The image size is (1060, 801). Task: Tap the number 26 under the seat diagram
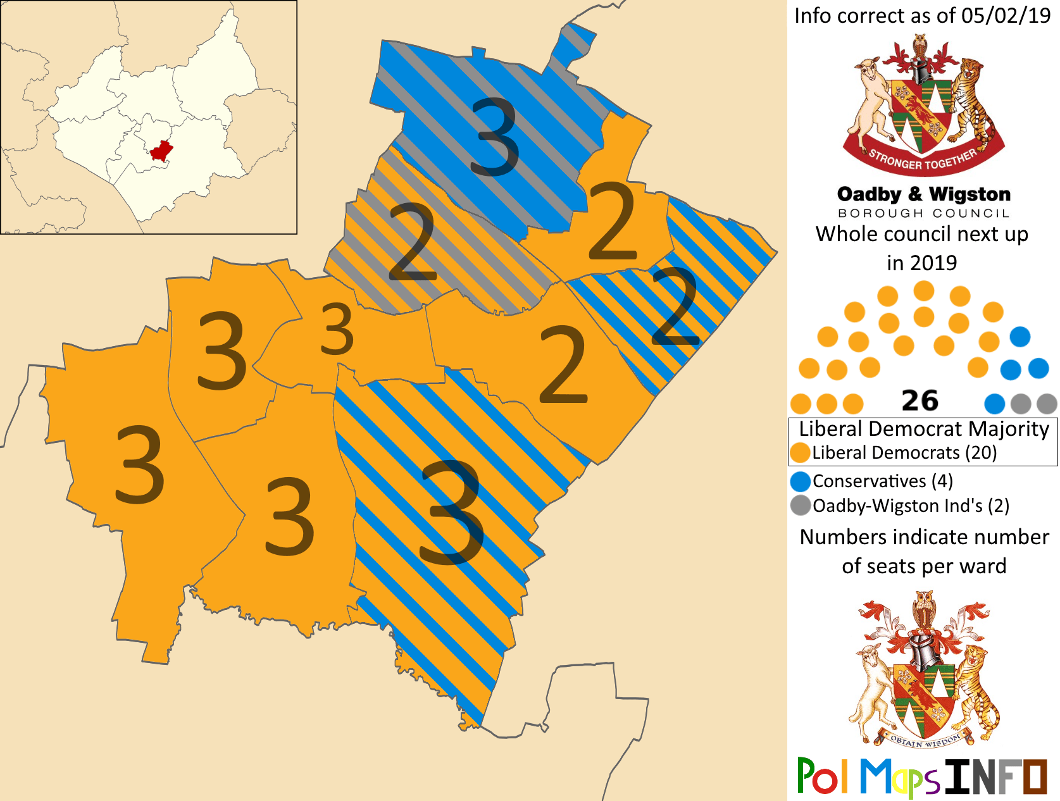point(920,400)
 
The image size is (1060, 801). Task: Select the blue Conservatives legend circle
point(801,481)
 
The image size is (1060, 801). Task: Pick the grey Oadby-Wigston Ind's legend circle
point(801,506)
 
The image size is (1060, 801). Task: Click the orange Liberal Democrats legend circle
point(801,453)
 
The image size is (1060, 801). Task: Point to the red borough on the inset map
point(161,151)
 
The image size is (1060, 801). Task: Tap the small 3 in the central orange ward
point(336,329)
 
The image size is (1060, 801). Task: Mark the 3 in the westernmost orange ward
point(140,465)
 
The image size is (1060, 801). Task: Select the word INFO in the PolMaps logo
point(995,776)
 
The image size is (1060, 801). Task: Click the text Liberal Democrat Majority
point(923,429)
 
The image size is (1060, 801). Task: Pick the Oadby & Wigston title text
point(923,194)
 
